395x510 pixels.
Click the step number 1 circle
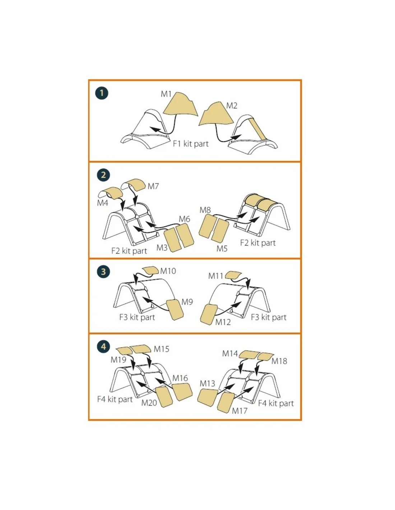coord(102,93)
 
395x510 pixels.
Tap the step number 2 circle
coord(103,175)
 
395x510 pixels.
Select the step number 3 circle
coord(103,272)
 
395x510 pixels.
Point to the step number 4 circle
coord(103,347)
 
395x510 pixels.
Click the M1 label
coord(166,94)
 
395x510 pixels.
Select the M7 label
coord(153,186)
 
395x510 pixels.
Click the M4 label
coord(103,203)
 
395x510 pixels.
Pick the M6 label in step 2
coord(184,219)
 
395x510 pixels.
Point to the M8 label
coord(205,210)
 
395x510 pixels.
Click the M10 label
coord(168,271)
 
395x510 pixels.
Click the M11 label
coord(215,276)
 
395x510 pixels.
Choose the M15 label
coord(162,349)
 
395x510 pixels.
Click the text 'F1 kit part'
coord(191,143)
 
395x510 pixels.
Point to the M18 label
coord(279,361)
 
